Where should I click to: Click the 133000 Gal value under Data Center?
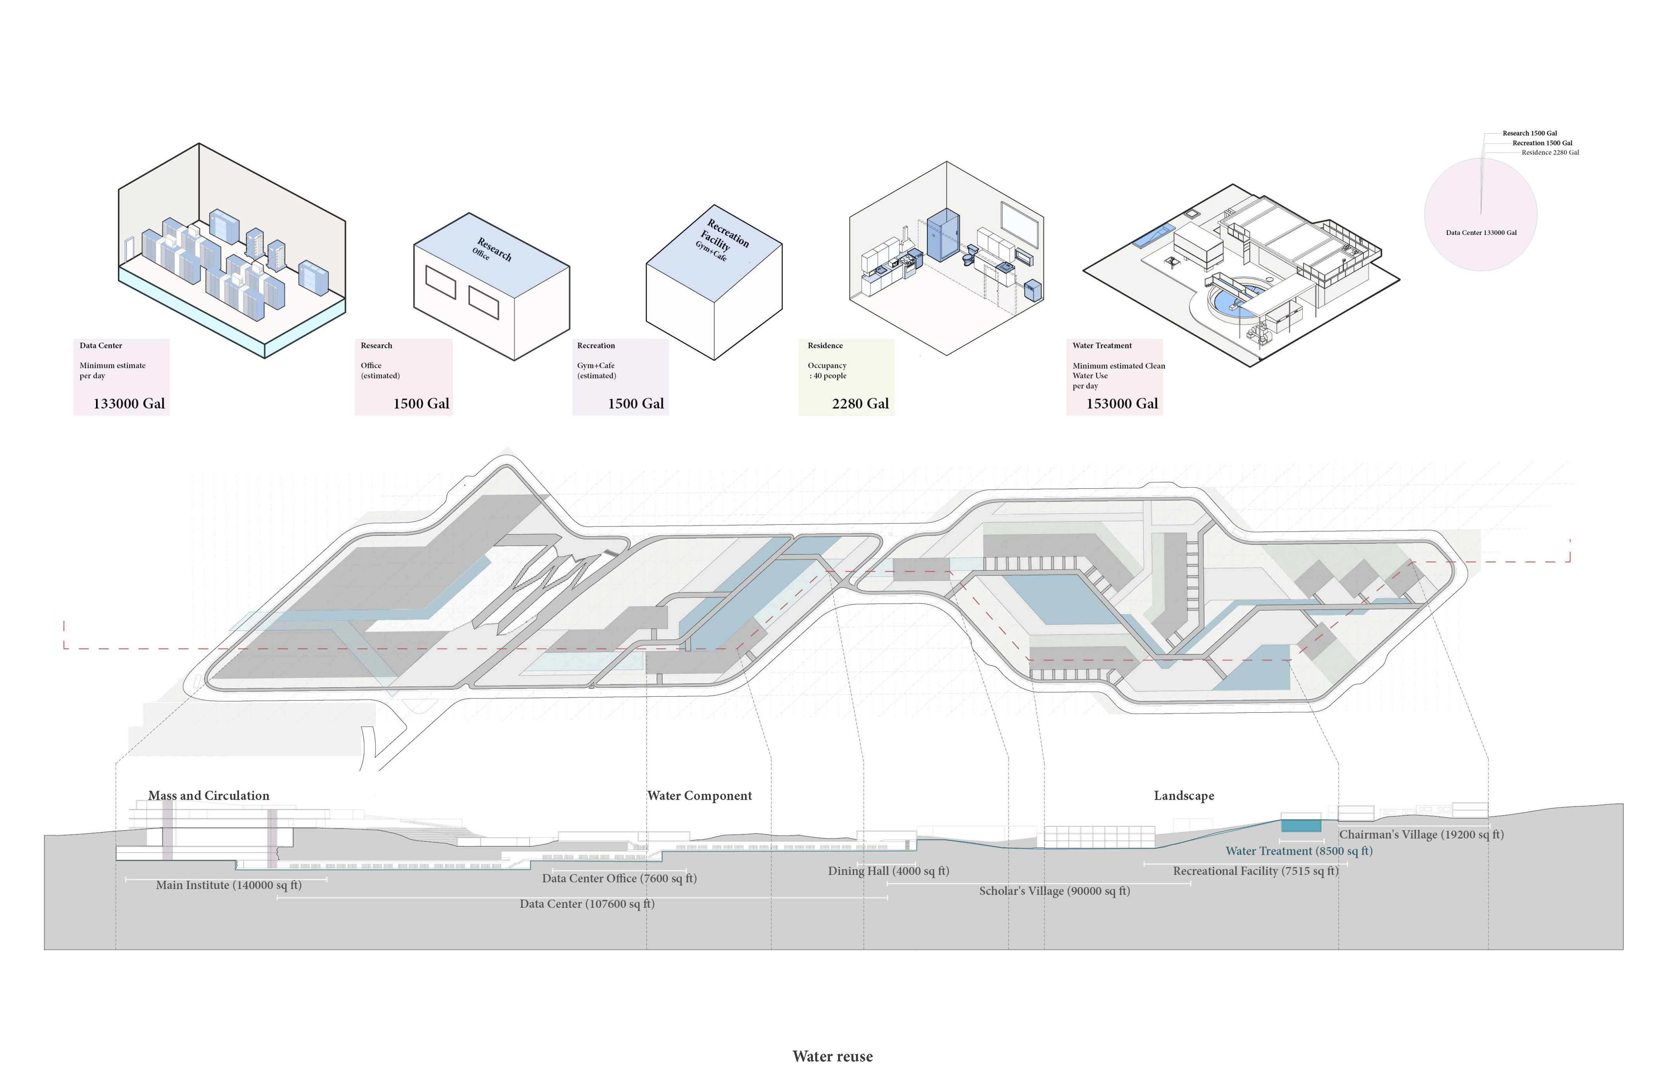pos(129,403)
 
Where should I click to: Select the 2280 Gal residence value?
pos(860,403)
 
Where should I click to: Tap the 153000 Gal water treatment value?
pos(1121,403)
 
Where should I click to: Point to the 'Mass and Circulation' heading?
pos(209,795)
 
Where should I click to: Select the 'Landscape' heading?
pos(1184,795)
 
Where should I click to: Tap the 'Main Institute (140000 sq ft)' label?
pos(229,885)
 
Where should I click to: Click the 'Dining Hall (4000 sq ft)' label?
pos(888,871)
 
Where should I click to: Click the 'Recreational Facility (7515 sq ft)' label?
pos(1255,871)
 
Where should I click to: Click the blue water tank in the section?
pos(1301,825)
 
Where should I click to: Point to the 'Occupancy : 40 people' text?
pos(827,371)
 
